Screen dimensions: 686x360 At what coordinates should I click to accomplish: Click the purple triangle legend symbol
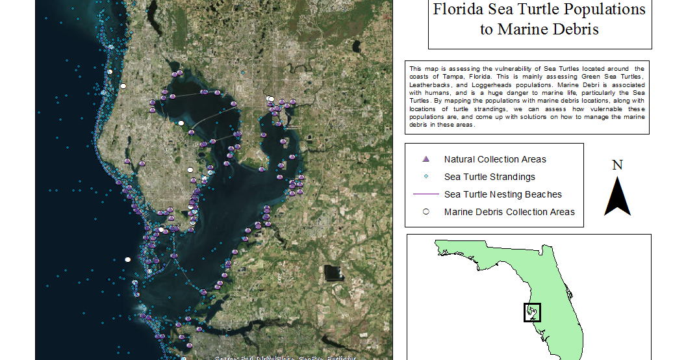click(x=426, y=159)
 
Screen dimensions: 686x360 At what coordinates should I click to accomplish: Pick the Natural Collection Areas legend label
click(x=495, y=159)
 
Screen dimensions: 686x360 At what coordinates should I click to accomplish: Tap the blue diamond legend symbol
click(x=426, y=177)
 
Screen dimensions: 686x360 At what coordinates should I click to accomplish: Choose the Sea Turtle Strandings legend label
click(x=490, y=177)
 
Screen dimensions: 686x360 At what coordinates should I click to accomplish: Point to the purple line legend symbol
click(x=426, y=194)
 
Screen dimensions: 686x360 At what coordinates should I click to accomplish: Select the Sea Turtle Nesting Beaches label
click(x=503, y=194)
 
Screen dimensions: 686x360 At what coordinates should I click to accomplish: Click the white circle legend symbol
click(x=426, y=212)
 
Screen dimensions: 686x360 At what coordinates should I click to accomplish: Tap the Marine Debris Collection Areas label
click(x=509, y=212)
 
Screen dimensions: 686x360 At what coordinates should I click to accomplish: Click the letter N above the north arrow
click(x=618, y=165)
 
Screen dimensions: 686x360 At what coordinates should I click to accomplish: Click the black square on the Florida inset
click(x=532, y=312)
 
